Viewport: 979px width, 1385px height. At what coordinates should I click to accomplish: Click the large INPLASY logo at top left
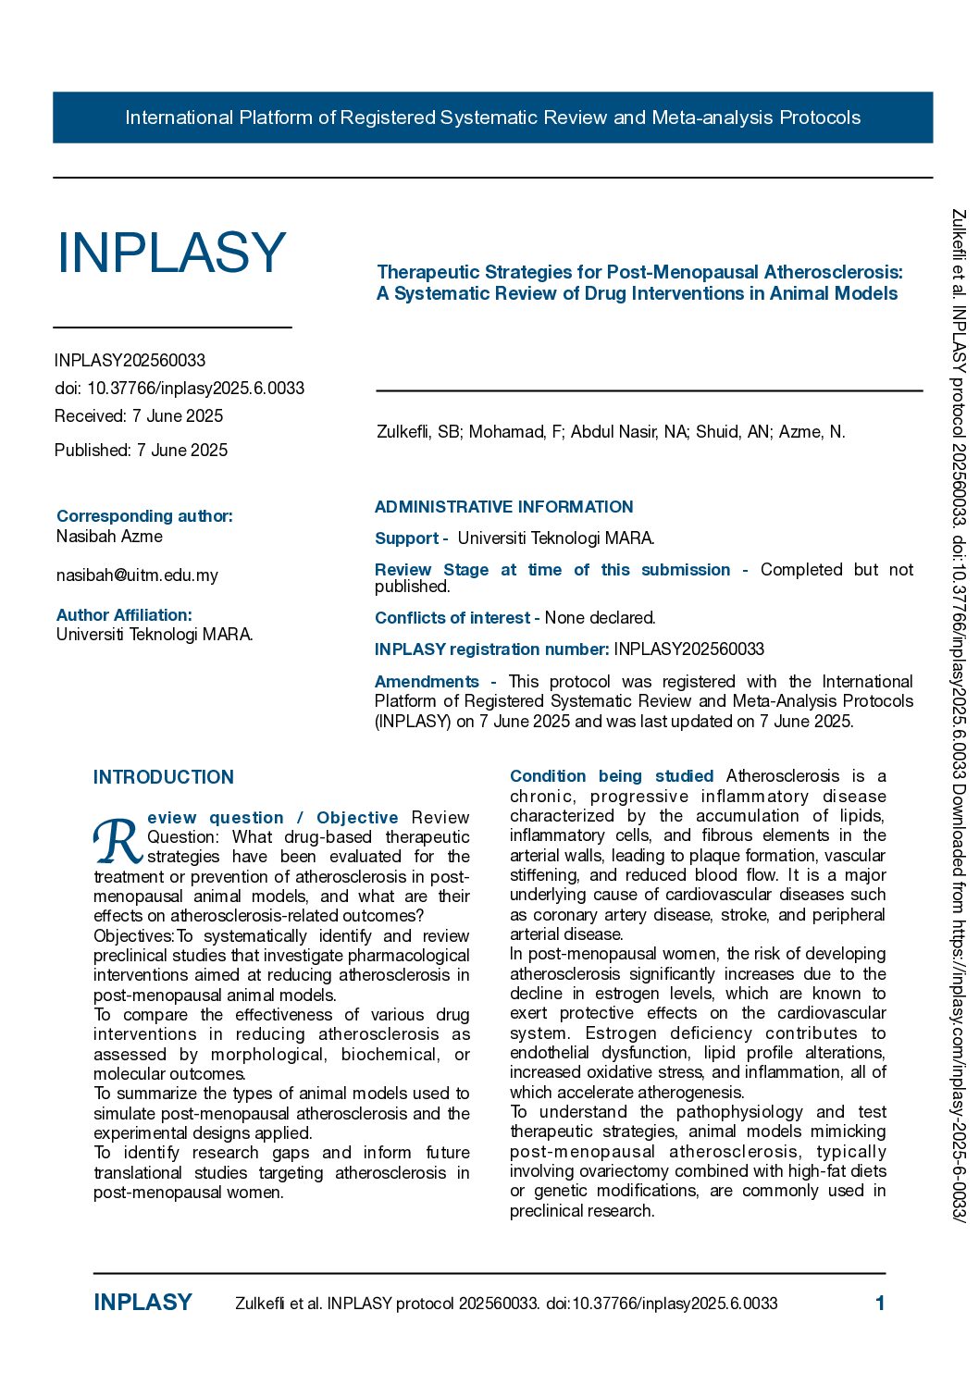pyautogui.click(x=172, y=253)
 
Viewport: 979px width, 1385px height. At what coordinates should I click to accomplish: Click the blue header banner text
pyautogui.click(x=492, y=117)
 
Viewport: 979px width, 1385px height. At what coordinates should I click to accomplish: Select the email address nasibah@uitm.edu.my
pyautogui.click(x=137, y=575)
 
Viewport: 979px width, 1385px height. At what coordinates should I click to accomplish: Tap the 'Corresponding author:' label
pyautogui.click(x=144, y=516)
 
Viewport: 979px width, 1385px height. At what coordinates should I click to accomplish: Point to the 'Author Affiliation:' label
pyautogui.click(x=124, y=615)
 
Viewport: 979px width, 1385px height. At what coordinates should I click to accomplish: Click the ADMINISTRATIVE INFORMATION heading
pyautogui.click(x=503, y=507)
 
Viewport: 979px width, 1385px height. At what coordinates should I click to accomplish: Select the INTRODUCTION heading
pyautogui.click(x=164, y=777)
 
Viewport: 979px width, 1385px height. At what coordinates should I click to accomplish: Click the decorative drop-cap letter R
pyautogui.click(x=118, y=840)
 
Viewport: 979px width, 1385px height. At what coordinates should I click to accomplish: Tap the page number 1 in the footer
pyautogui.click(x=880, y=1304)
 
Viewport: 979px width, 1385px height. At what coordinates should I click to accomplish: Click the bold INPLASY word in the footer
pyautogui.click(x=143, y=1303)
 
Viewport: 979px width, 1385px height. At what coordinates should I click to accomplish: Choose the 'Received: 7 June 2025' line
pyautogui.click(x=139, y=416)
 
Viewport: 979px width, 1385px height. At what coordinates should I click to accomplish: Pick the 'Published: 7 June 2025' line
pyautogui.click(x=141, y=451)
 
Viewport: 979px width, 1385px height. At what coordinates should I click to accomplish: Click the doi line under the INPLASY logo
pyautogui.click(x=180, y=389)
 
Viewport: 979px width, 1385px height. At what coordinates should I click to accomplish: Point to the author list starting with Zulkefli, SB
pyautogui.click(x=611, y=432)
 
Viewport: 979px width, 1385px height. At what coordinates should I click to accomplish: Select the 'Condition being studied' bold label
pyautogui.click(x=612, y=776)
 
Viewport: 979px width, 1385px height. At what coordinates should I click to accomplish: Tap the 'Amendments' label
pyautogui.click(x=428, y=682)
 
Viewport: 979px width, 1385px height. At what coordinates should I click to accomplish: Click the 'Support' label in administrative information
pyautogui.click(x=407, y=538)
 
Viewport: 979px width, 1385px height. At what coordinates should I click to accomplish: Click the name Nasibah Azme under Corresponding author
pyautogui.click(x=109, y=537)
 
